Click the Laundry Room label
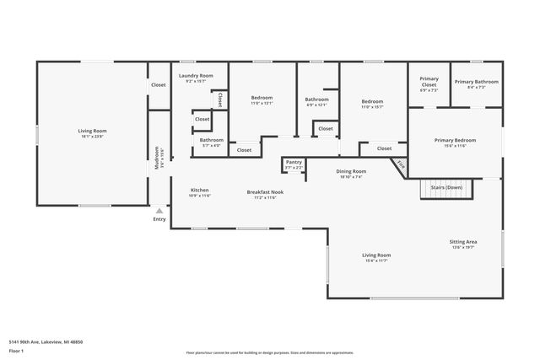(x=196, y=76)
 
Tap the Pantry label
(x=294, y=162)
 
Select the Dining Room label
(x=351, y=171)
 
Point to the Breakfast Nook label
(x=265, y=191)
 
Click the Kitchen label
(x=200, y=190)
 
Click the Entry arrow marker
(x=159, y=211)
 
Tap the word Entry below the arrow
(x=159, y=219)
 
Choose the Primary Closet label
(x=429, y=82)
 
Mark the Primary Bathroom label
(x=476, y=82)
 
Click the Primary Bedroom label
(x=456, y=140)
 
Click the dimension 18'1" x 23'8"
(x=93, y=137)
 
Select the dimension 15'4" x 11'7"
(x=376, y=261)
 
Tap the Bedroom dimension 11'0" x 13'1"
(x=262, y=104)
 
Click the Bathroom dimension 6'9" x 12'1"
(x=317, y=105)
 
